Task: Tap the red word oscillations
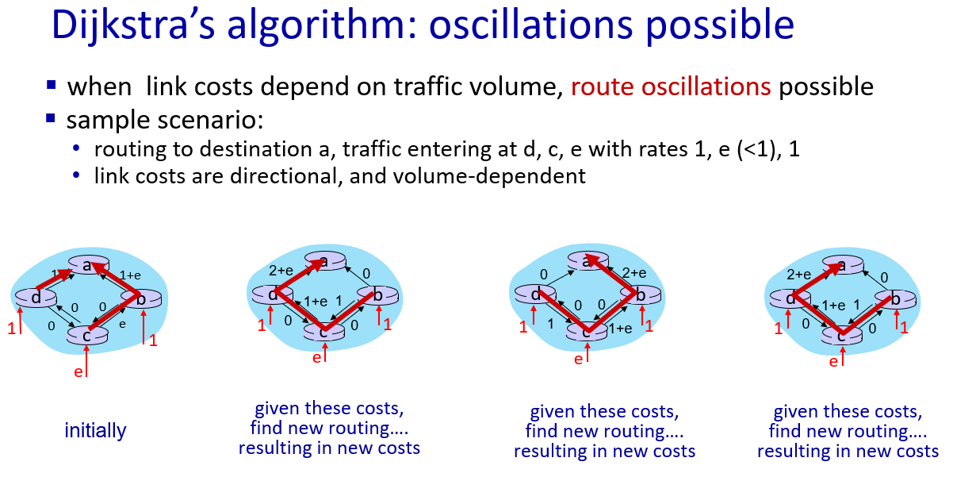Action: pyautogui.click(x=706, y=87)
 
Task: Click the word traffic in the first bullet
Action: pyautogui.click(x=428, y=87)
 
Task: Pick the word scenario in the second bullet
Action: pyautogui.click(x=211, y=120)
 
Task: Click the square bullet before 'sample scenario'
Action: pyautogui.click(x=51, y=117)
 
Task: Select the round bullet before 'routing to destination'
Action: pyautogui.click(x=76, y=148)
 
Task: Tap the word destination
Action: pyautogui.click(x=264, y=149)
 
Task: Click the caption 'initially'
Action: pyautogui.click(x=95, y=431)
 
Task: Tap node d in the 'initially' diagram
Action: pyautogui.click(x=36, y=298)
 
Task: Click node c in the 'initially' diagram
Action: pyautogui.click(x=87, y=335)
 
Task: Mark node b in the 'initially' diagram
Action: pyautogui.click(x=141, y=298)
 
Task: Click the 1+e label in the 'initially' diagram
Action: pyautogui.click(x=130, y=275)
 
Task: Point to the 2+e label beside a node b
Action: pyautogui.click(x=634, y=272)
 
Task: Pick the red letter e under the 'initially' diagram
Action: pyautogui.click(x=78, y=372)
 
